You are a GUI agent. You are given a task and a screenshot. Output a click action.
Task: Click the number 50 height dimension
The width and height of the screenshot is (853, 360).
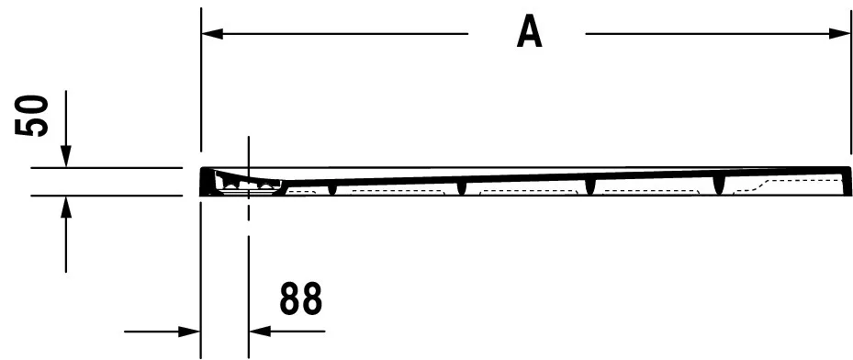point(32,116)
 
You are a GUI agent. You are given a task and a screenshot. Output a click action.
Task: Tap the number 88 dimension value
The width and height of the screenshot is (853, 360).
point(301,298)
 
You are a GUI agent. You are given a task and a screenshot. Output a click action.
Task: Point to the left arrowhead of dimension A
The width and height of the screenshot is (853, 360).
point(212,34)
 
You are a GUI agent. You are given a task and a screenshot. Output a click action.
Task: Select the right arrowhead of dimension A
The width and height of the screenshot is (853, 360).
point(840,34)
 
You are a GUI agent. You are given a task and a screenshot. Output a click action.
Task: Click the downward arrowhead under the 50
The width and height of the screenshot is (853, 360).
point(66,157)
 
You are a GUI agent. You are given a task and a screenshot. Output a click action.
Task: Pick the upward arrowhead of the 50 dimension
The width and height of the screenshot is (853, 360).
point(66,206)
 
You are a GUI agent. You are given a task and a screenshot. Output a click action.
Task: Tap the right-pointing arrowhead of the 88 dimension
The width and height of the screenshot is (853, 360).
point(190,332)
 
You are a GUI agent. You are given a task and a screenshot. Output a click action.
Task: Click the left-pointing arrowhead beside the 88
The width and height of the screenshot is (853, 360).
point(260,332)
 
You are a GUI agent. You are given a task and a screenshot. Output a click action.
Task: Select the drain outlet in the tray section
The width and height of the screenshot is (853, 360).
point(248,184)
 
